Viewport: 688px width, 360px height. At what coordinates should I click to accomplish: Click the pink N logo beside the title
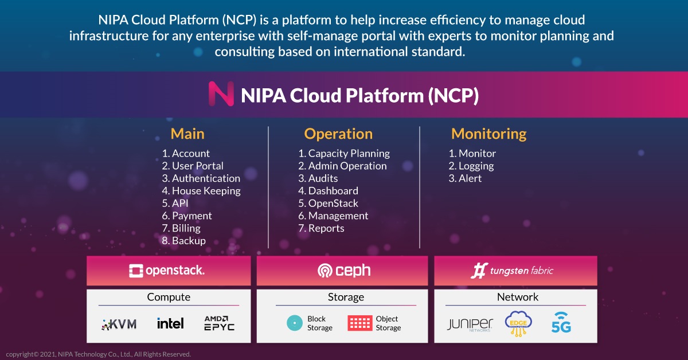click(x=221, y=93)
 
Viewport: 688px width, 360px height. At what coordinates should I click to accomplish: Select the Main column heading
click(x=187, y=134)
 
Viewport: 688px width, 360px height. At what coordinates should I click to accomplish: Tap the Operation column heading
click(x=338, y=134)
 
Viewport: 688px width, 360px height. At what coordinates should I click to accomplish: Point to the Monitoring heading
click(x=488, y=134)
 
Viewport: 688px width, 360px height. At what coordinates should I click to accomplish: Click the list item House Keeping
click(x=201, y=191)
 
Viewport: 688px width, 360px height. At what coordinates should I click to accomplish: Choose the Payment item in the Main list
click(x=187, y=216)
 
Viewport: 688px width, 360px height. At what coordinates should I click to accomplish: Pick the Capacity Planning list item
click(x=344, y=153)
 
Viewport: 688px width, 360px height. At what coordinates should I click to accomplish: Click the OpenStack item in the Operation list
click(x=328, y=204)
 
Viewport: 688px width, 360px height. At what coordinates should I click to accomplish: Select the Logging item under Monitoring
click(x=471, y=166)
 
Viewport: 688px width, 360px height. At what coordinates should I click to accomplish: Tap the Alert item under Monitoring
click(x=465, y=178)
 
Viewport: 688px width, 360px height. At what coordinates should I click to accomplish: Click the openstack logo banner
click(x=167, y=271)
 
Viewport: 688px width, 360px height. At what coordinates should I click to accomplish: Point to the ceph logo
click(x=344, y=271)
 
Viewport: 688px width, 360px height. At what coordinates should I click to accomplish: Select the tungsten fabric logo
click(x=511, y=271)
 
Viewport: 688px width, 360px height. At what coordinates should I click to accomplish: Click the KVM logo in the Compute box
click(x=119, y=324)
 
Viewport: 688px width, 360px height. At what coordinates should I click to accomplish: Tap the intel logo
click(x=170, y=323)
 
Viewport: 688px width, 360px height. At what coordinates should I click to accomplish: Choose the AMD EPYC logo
click(x=219, y=323)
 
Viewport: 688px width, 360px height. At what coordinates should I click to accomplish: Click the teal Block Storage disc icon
click(x=295, y=323)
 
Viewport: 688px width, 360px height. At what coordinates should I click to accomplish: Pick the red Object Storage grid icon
click(x=360, y=323)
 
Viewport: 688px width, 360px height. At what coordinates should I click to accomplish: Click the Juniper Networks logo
click(x=470, y=324)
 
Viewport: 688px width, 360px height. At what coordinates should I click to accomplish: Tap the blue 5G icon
click(x=561, y=323)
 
